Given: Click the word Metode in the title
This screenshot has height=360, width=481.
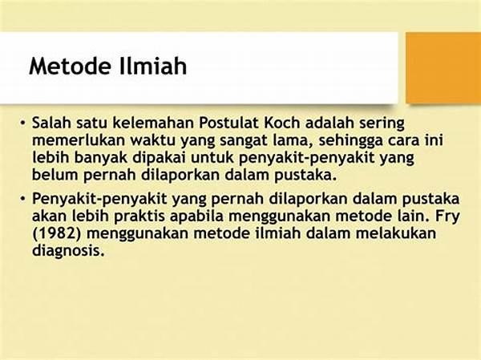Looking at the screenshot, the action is pyautogui.click(x=69, y=66).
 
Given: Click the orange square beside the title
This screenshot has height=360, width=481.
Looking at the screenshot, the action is pyautogui.click(x=443, y=68).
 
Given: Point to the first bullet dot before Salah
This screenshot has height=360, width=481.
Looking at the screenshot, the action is pyautogui.click(x=22, y=123).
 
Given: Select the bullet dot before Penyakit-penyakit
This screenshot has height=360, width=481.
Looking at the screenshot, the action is pyautogui.click(x=22, y=199).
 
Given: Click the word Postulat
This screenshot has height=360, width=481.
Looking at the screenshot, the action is pyautogui.click(x=228, y=123).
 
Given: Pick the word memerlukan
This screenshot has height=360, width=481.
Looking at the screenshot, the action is pyautogui.click(x=79, y=140).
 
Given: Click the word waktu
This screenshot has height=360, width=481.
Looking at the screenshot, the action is pyautogui.click(x=152, y=140).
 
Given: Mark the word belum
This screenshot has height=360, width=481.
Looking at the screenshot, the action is pyautogui.click(x=55, y=175).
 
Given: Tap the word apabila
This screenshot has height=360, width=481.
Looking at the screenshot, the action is pyautogui.click(x=196, y=216).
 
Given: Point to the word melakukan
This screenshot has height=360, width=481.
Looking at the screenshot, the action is pyautogui.click(x=396, y=233).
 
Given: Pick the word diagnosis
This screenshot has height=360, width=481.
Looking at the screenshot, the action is pyautogui.click(x=67, y=251).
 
